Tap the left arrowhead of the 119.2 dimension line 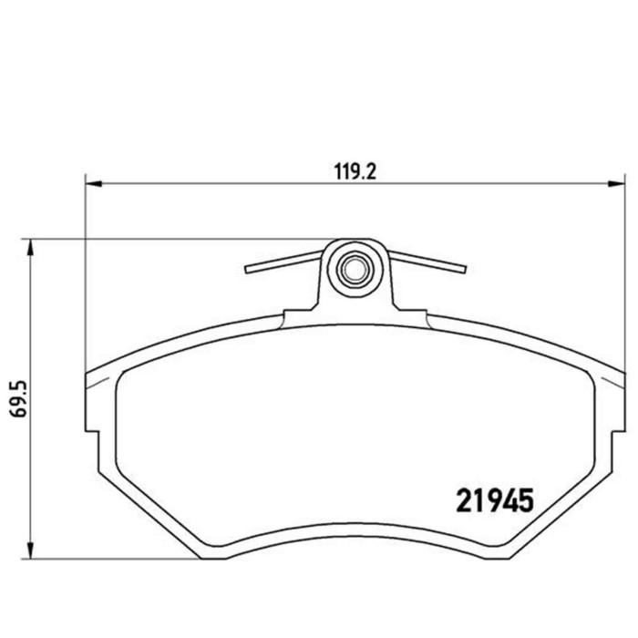91,182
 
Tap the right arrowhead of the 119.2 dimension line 612,182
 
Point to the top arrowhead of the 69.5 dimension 31,245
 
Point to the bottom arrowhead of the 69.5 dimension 31,551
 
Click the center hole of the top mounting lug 353,269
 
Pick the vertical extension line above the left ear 85,273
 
